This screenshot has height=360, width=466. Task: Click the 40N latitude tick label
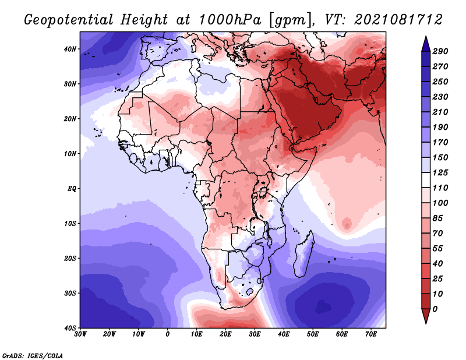[70, 49]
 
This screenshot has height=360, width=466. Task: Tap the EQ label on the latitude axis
[72, 189]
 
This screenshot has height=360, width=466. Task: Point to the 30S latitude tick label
[70, 293]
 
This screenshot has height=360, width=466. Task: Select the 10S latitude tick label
[70, 223]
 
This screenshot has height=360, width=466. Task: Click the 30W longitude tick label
[80, 334]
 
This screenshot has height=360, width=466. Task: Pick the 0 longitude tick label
[168, 334]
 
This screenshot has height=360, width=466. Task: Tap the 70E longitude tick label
[371, 334]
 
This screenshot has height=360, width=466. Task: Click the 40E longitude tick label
[284, 334]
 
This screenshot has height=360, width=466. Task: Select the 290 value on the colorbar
[440, 51]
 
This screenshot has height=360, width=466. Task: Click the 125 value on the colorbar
[440, 172]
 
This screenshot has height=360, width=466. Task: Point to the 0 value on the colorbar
[435, 309]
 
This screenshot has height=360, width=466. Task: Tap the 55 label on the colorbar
[437, 249]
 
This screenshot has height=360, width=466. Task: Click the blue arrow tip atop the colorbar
[426, 37]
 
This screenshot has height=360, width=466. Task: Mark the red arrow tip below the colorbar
[426, 323]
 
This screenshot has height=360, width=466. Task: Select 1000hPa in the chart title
[230, 20]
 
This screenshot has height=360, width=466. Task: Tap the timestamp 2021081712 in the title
[398, 20]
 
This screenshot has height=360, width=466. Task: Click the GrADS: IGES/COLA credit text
[33, 355]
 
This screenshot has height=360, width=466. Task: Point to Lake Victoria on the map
[263, 192]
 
